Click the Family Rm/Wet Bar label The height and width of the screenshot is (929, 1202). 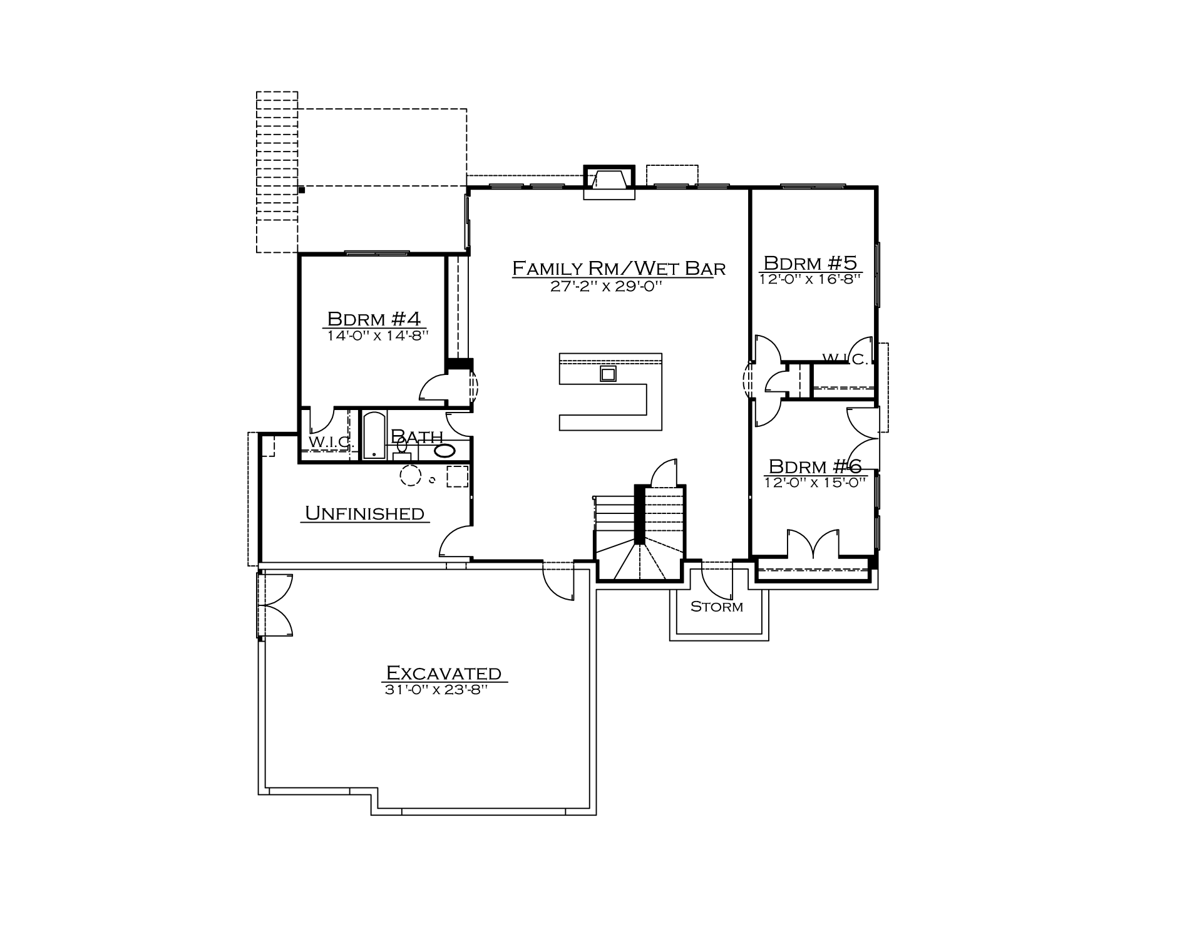(x=619, y=269)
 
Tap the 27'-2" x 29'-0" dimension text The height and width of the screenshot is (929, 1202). (x=606, y=287)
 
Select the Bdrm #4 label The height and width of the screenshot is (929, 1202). (x=374, y=319)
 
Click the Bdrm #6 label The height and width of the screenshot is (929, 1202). (x=815, y=466)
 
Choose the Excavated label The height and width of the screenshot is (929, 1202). (x=444, y=673)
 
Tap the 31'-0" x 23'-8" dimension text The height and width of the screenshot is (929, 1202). (x=436, y=690)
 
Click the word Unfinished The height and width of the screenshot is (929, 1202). (x=365, y=513)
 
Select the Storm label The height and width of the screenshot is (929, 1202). (x=717, y=607)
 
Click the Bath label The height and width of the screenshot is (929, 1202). (x=417, y=436)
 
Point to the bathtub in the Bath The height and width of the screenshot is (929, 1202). (x=374, y=435)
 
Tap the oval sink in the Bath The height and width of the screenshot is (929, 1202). (x=445, y=451)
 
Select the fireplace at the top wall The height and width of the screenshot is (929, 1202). (x=609, y=182)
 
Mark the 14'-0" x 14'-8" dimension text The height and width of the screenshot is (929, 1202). (x=377, y=336)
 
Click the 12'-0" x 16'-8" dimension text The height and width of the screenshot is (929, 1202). (x=811, y=279)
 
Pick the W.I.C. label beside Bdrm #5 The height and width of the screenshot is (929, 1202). (x=845, y=359)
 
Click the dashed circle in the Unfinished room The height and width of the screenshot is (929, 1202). (x=411, y=476)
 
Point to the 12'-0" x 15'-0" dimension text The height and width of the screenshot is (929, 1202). (x=815, y=482)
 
